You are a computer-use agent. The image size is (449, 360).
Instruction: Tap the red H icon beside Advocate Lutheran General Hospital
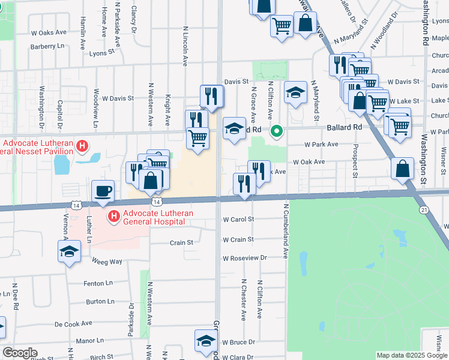(x=113, y=215)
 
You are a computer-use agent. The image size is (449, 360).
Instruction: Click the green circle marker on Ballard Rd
(x=277, y=130)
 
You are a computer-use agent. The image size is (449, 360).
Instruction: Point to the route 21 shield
(x=424, y=209)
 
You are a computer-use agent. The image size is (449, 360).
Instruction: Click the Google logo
(x=20, y=353)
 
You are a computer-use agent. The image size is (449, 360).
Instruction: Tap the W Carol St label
(x=238, y=220)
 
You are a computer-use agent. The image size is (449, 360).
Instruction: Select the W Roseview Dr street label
(x=244, y=258)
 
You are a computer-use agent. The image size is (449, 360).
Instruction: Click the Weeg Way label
(x=106, y=262)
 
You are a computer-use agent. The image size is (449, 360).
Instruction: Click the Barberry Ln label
(x=47, y=46)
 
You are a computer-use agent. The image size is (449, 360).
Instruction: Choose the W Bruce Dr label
(x=238, y=342)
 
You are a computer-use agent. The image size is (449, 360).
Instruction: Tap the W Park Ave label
(x=321, y=145)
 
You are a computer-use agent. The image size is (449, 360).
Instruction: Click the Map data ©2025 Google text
(x=411, y=355)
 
